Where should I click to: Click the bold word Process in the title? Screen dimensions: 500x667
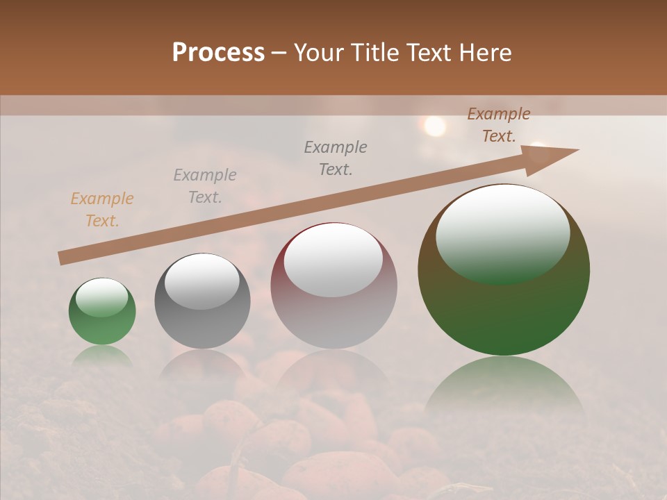(x=218, y=53)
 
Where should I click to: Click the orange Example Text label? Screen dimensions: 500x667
(x=102, y=210)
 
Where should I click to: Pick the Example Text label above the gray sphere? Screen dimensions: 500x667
(x=205, y=186)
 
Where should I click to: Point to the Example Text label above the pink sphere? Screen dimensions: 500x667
(x=336, y=158)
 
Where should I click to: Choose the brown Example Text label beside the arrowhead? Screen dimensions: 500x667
(x=499, y=125)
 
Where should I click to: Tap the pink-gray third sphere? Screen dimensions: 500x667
(x=333, y=286)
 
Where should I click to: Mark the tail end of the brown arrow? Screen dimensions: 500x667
(x=63, y=258)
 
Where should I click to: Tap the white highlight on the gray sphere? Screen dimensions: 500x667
(x=202, y=281)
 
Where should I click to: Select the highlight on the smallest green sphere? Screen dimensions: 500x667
(x=102, y=297)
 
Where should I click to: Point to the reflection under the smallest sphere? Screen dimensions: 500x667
(x=102, y=356)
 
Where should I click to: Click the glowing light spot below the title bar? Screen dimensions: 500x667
(x=435, y=126)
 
